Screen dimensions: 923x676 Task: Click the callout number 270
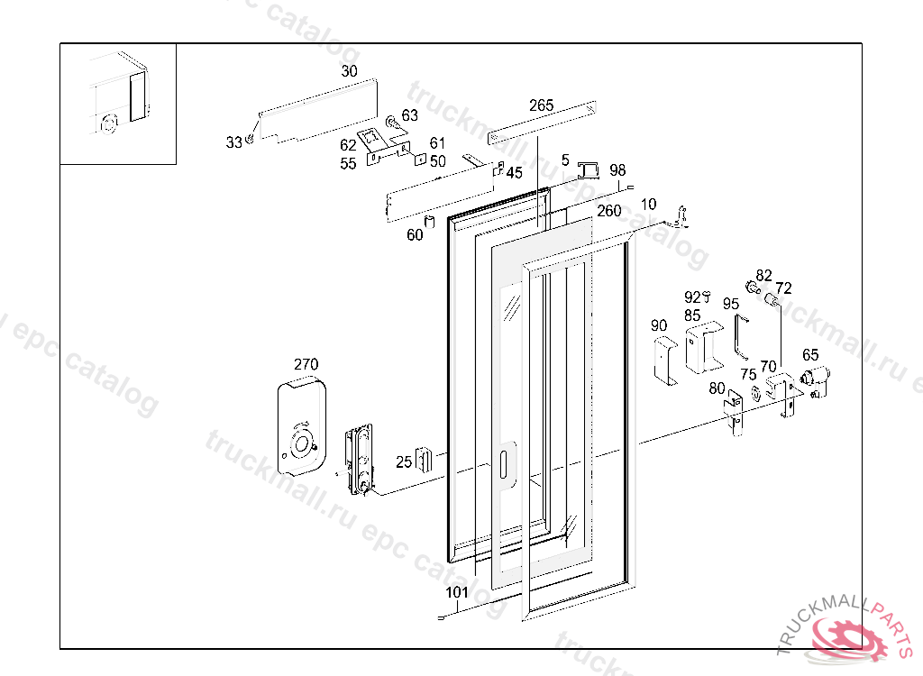(306, 364)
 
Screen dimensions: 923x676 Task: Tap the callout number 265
(541, 105)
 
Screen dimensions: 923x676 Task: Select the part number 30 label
(349, 71)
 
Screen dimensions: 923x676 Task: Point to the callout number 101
(457, 592)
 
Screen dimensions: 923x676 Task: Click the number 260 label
(608, 211)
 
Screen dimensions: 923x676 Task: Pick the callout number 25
(404, 462)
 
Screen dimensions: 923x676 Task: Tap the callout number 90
(659, 325)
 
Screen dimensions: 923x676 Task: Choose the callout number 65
(810, 355)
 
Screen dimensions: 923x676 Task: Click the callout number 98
(617, 170)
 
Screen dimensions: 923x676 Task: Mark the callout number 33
(233, 142)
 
